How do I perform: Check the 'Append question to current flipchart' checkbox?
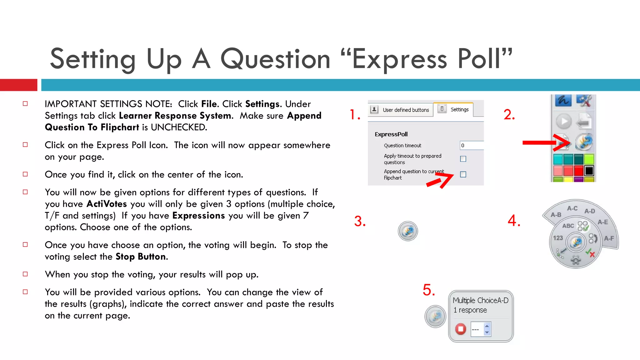pos(463,174)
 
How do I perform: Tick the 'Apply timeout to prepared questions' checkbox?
pos(463,159)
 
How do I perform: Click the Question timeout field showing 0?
pos(471,145)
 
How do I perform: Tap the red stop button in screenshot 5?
pos(460,329)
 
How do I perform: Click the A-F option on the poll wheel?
pos(609,238)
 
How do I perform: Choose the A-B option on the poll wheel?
pos(556,215)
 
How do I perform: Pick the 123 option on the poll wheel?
pos(558,238)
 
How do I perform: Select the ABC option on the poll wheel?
pos(568,226)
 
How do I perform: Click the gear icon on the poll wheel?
pos(576,260)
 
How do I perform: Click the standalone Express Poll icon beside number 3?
pos(408,231)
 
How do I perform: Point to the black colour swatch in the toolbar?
pos(589,171)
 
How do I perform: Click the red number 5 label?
pos(429,290)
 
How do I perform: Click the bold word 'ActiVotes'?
pos(107,204)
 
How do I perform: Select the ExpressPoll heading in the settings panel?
pos(391,134)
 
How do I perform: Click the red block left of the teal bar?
pos(18,85)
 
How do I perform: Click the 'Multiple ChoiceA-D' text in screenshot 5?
pos(480,300)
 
